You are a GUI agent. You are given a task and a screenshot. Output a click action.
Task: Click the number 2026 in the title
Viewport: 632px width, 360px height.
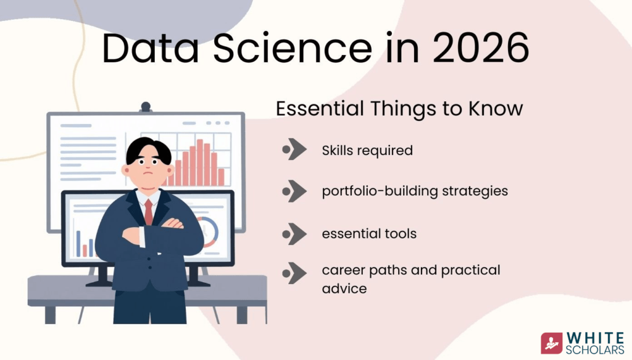(x=481, y=48)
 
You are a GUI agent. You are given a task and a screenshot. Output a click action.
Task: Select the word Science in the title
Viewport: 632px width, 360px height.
(x=292, y=48)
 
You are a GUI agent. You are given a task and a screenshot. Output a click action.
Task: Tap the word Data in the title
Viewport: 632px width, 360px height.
(x=151, y=48)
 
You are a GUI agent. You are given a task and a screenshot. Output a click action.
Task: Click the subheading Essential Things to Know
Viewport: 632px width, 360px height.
(x=399, y=109)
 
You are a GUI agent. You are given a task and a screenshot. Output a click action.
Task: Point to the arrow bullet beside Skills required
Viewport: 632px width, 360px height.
(x=294, y=149)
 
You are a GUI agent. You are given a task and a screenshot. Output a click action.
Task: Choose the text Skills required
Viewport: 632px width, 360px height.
(x=367, y=151)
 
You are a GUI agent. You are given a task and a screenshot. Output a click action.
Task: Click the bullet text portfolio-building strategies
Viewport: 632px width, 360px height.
(x=415, y=191)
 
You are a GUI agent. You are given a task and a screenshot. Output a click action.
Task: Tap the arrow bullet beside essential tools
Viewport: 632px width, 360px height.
(x=294, y=234)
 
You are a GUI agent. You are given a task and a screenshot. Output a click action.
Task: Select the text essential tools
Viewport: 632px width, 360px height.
(x=369, y=233)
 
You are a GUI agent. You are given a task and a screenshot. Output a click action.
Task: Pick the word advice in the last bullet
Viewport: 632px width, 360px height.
(x=344, y=288)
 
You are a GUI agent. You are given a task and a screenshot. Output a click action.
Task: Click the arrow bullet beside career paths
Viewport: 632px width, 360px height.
(x=294, y=273)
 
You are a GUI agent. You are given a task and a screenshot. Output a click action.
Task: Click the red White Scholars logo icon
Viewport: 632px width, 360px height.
(x=551, y=343)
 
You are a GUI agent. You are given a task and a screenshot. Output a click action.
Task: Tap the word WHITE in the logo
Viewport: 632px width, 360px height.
(x=595, y=338)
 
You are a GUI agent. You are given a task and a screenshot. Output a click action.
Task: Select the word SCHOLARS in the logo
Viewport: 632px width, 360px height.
(x=595, y=350)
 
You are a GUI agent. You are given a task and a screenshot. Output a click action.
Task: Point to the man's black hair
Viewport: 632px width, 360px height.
(x=148, y=149)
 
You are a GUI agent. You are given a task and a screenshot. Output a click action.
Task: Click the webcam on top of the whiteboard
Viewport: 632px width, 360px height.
(x=146, y=107)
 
